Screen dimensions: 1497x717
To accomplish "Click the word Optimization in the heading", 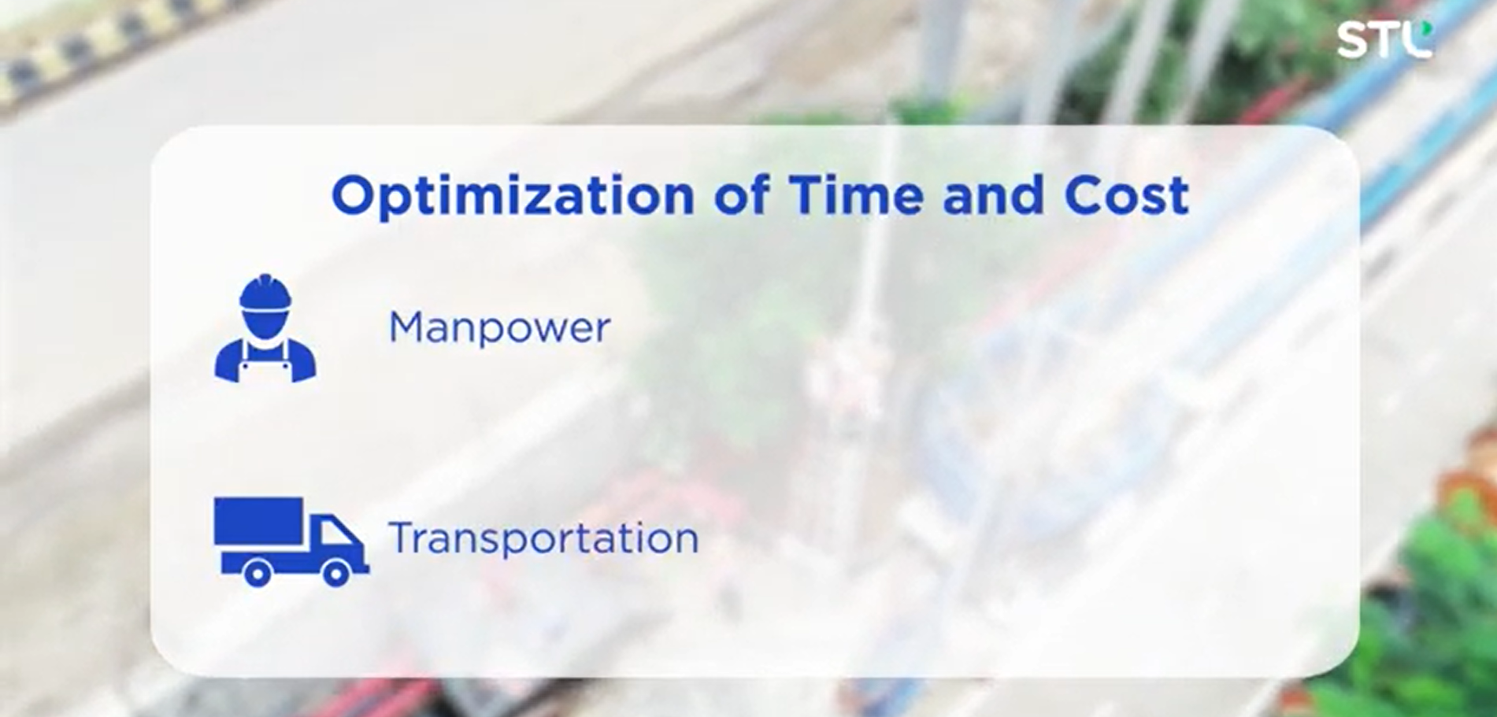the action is point(513,197).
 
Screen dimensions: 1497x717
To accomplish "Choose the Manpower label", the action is point(499,327).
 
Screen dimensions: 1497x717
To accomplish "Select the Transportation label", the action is point(543,538).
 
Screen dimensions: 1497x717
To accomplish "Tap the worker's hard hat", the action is point(265,296).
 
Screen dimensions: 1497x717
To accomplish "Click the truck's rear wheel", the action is point(256,572).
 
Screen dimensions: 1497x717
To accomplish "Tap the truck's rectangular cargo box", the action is point(258,520).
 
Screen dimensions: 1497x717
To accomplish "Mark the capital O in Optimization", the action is point(357,195).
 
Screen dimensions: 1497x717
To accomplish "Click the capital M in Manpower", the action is point(409,327).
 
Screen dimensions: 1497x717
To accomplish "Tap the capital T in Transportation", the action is point(405,538).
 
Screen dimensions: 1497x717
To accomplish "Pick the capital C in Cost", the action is point(1085,195).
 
